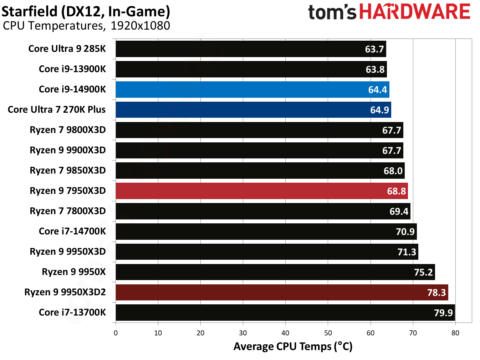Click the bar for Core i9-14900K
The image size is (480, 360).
(x=252, y=90)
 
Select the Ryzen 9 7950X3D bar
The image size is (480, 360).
(x=262, y=191)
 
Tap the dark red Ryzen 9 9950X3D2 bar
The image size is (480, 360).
(x=282, y=292)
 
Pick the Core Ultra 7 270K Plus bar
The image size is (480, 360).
(x=253, y=110)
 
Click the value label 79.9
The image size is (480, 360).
(x=443, y=313)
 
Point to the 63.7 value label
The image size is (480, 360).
(x=374, y=49)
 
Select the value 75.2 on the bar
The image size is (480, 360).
(x=423, y=272)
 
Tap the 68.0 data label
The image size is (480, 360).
(x=393, y=171)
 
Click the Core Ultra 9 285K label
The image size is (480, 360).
(x=67, y=49)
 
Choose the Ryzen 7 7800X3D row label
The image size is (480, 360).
(x=68, y=211)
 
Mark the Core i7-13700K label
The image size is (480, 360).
(x=72, y=312)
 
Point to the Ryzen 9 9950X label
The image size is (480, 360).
(x=74, y=272)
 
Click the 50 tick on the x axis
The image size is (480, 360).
(x=328, y=333)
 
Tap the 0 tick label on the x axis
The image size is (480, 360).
(x=116, y=333)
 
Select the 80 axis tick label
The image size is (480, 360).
(x=455, y=333)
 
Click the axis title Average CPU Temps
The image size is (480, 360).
(x=293, y=346)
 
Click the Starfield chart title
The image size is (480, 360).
(x=86, y=11)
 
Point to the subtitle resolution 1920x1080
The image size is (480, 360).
(x=140, y=26)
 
